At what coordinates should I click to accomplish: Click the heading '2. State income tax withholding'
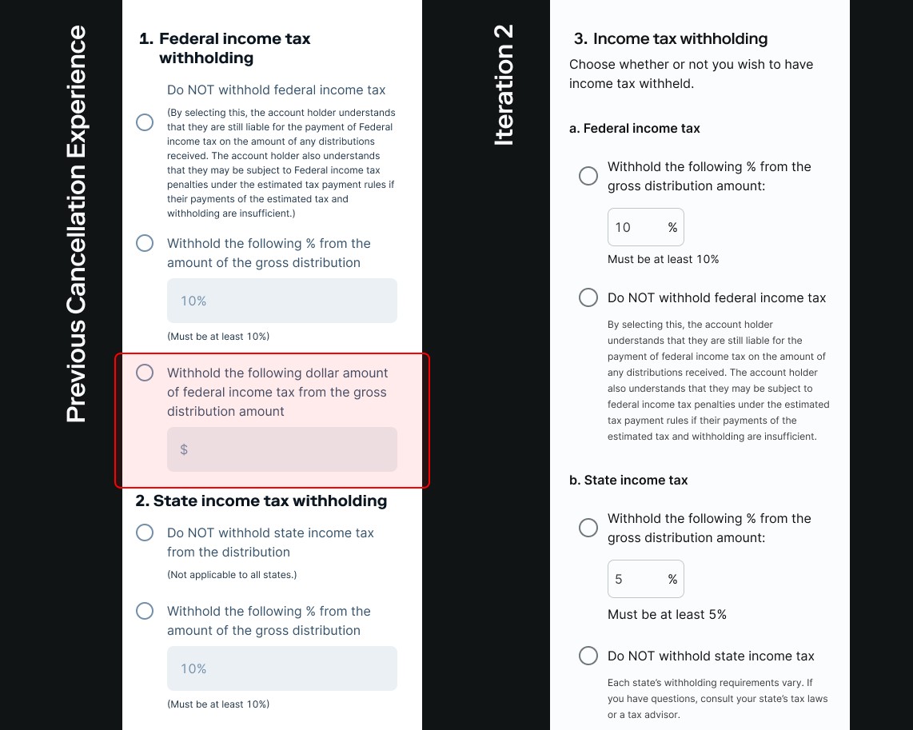click(x=261, y=501)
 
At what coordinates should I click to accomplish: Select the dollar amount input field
click(x=282, y=449)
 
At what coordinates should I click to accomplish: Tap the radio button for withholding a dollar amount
click(x=145, y=373)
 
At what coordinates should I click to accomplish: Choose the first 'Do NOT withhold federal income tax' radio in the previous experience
click(x=145, y=122)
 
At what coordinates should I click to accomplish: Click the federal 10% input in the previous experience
click(x=282, y=301)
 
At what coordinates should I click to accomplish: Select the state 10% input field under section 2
click(x=282, y=668)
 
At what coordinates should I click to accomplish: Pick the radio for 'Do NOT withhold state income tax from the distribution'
click(x=145, y=533)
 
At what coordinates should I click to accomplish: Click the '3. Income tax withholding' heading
click(x=671, y=38)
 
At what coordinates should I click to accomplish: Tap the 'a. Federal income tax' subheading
click(x=634, y=128)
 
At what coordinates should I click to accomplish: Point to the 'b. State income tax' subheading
click(x=628, y=480)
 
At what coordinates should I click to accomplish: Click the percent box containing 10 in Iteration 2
click(x=646, y=227)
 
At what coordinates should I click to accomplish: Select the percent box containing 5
click(x=646, y=579)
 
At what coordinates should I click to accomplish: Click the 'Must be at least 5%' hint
click(x=667, y=614)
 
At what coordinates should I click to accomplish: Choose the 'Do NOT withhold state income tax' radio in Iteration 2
click(x=588, y=656)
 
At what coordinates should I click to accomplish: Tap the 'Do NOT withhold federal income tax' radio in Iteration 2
click(x=588, y=297)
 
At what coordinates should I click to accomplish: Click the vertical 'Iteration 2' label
click(x=504, y=85)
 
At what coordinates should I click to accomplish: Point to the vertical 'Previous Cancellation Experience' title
click(x=76, y=224)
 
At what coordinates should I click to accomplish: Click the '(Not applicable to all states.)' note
click(x=232, y=575)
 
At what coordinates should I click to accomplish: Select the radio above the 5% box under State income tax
click(x=588, y=528)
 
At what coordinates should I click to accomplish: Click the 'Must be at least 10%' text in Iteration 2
click(x=664, y=259)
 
